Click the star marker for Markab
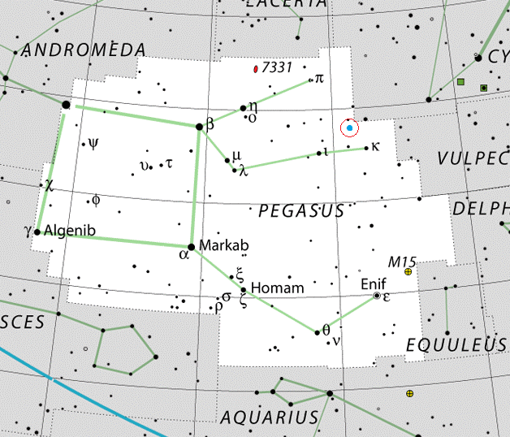pos(191,246)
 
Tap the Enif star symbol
pos(377,296)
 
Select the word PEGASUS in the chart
pos(301,211)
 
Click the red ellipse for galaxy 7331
pos(257,69)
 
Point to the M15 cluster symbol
pos(408,272)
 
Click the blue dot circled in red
pos(350,128)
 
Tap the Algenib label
pos(70,231)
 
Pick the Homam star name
pos(278,288)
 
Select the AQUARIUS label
pos(270,418)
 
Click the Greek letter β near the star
pos(210,125)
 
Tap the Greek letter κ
pos(375,146)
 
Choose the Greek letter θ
pos(326,330)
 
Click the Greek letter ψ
pos(94,144)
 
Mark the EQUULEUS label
pos(456,344)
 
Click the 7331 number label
pos(277,68)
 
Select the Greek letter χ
pos(49,184)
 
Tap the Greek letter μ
pos(236,154)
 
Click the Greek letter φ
pos(96,199)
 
